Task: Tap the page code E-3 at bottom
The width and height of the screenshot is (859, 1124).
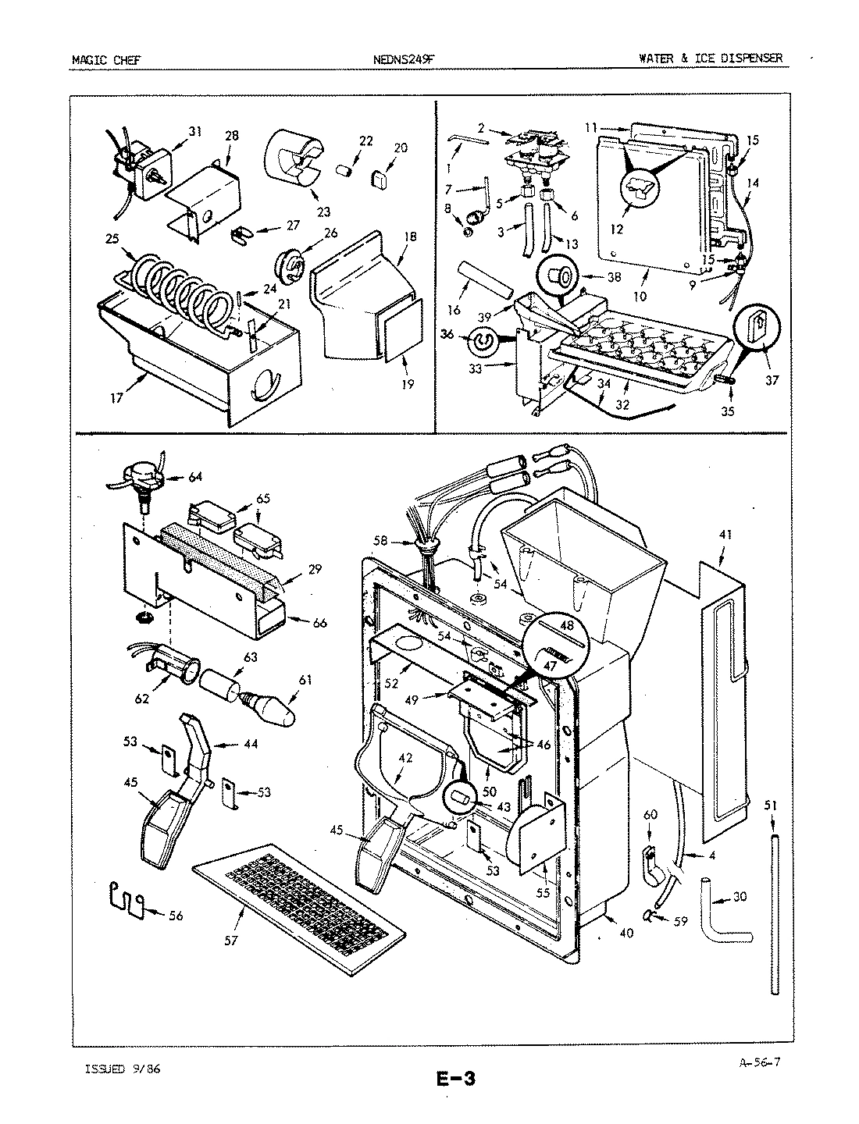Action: pos(454,1080)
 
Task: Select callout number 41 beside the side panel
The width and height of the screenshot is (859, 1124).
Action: pos(726,536)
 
